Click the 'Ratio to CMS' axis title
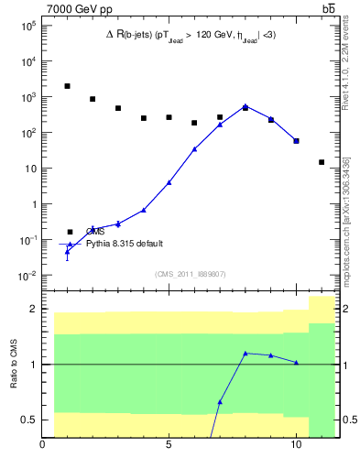(x=14, y=365)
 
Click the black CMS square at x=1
(x=67, y=86)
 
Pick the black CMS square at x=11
(x=322, y=162)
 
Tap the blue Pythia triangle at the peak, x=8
(x=245, y=107)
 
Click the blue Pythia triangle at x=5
(x=169, y=182)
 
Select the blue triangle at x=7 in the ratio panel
(x=220, y=402)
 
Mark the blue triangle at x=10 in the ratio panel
(x=296, y=362)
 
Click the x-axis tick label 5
(x=169, y=449)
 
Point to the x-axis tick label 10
(x=296, y=449)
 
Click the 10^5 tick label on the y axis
(x=27, y=26)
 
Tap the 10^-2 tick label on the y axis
(x=27, y=276)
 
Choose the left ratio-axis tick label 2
(x=34, y=309)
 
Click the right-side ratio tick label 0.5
(x=348, y=420)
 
